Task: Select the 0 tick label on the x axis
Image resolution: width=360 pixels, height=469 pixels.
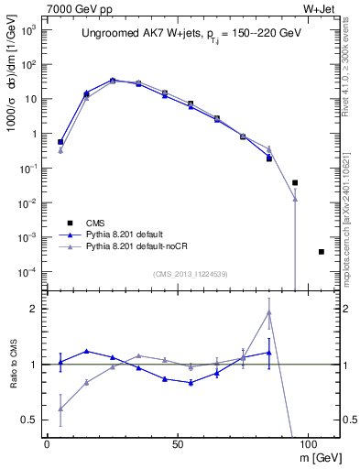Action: (47, 442)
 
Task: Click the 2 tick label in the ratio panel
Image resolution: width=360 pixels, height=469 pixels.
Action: (35, 309)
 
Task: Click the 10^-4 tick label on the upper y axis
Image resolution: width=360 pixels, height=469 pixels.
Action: (28, 272)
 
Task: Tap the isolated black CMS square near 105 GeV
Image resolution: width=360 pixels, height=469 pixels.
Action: (321, 252)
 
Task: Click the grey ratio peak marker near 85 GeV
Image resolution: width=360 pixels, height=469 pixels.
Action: (269, 312)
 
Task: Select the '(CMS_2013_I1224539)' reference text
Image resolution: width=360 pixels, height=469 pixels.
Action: (191, 273)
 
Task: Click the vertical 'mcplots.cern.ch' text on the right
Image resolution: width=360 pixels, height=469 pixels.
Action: (351, 211)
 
